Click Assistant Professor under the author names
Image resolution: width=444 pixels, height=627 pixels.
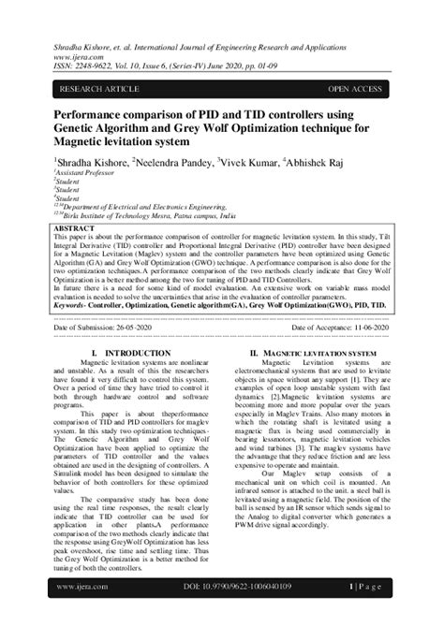click(x=84, y=175)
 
